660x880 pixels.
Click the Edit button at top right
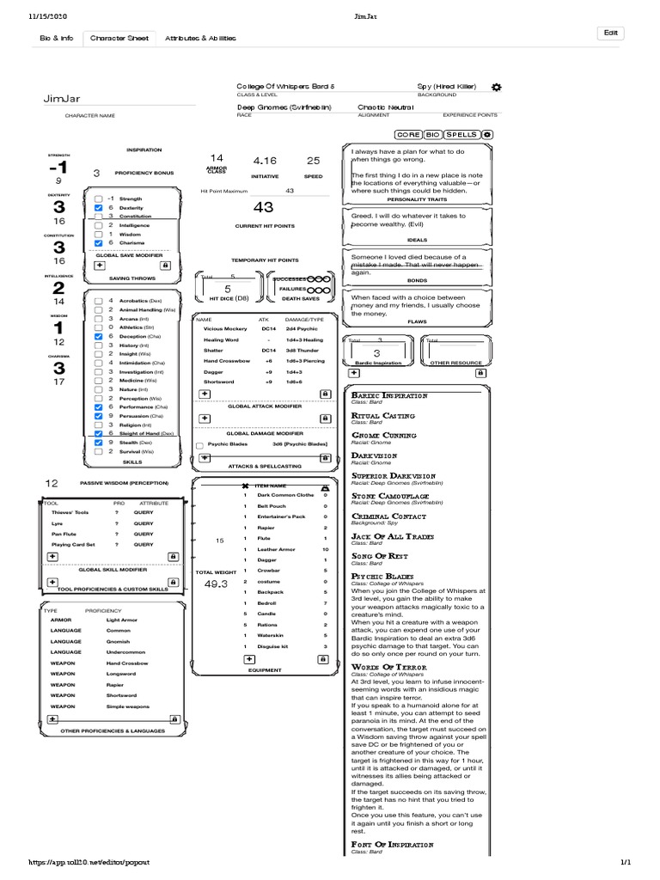[611, 33]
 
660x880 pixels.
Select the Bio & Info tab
[57, 39]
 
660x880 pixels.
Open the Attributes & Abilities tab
[199, 39]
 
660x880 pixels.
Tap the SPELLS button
[461, 135]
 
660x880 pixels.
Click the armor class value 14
[216, 158]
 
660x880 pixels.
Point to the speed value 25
[313, 161]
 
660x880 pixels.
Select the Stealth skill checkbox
[99, 443]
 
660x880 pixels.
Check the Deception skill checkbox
[99, 336]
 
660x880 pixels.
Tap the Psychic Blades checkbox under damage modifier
[200, 444]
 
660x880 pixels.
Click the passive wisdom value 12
[52, 484]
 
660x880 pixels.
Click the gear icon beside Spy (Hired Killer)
[497, 88]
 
